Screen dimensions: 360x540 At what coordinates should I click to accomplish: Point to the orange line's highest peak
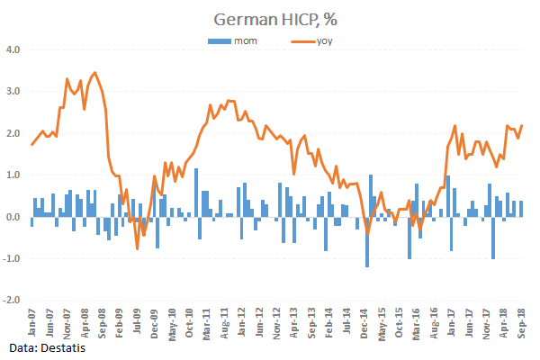coord(95,73)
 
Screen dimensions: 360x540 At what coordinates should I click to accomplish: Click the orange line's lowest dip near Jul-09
coord(138,248)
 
